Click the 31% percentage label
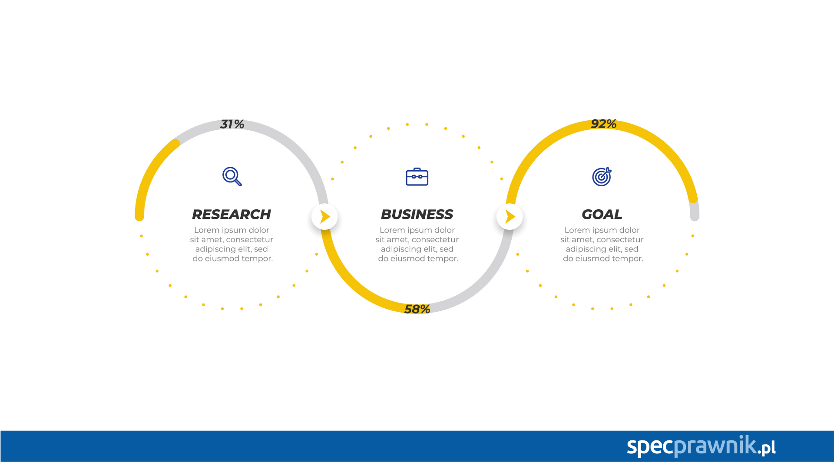[232, 124]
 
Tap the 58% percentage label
[417, 309]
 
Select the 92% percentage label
[604, 124]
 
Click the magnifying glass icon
[232, 176]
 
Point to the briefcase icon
[417, 177]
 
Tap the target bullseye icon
[602, 177]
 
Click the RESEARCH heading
[232, 214]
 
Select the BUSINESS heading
[417, 214]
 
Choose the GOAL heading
[602, 214]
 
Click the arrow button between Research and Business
[324, 216]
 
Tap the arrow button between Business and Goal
[510, 216]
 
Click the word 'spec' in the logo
[650, 446]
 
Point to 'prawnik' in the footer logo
[715, 446]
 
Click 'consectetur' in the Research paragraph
[250, 240]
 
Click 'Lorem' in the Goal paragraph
[577, 230]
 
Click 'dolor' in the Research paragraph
[259, 230]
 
